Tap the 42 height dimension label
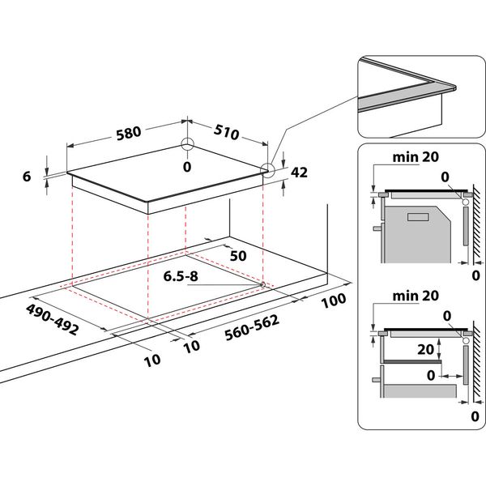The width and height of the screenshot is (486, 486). (x=299, y=172)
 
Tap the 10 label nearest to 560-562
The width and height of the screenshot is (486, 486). (x=191, y=346)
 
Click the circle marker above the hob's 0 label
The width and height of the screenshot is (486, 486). (x=188, y=146)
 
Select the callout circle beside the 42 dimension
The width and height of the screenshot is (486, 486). (x=268, y=169)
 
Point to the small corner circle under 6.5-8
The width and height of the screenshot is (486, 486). (x=263, y=284)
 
